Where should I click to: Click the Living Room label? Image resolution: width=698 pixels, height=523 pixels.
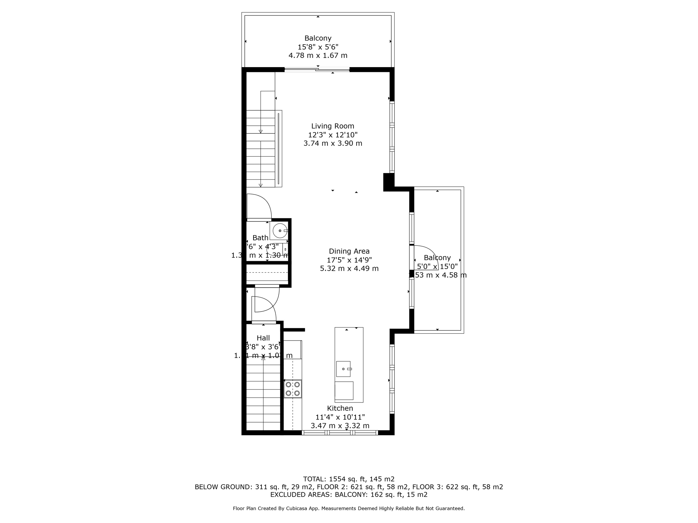coord(333,126)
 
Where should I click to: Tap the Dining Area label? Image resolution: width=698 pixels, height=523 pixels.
coord(349,251)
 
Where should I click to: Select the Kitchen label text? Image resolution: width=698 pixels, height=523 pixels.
coord(340,408)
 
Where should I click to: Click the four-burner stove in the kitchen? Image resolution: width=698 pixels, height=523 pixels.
coord(293,389)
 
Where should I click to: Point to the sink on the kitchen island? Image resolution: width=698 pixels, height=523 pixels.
coord(343,369)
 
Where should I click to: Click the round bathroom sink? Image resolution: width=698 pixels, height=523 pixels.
coord(280,231)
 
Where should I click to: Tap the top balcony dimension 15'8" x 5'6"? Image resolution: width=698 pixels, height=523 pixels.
coord(318,47)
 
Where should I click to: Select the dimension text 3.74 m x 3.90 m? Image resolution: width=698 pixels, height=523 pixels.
coord(333,143)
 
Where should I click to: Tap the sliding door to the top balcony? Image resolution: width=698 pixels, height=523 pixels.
coord(317,70)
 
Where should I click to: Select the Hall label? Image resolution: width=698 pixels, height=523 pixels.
coord(263,338)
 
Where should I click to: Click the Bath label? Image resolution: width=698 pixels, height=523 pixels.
coord(260,238)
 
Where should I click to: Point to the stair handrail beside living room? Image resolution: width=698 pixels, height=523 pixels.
coord(278,148)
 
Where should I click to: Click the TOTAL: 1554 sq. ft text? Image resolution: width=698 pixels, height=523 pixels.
coord(349,479)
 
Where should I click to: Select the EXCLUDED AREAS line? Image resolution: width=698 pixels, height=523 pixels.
coord(349,495)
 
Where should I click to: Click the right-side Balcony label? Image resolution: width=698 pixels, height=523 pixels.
coord(437,258)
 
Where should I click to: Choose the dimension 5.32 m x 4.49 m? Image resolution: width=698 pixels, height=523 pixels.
coord(349,269)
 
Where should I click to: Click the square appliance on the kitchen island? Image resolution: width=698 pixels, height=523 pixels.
coord(344,391)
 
